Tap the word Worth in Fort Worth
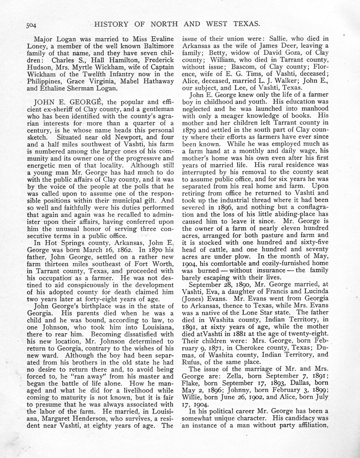tap(164, 264)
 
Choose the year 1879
tap(189, 130)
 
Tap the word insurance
tap(268, 271)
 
